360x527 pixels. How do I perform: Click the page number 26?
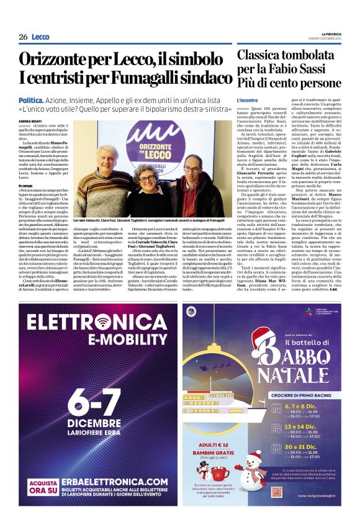pos(22,37)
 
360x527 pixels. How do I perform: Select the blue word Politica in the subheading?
pos(31,100)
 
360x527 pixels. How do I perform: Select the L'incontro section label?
pos(247,100)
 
